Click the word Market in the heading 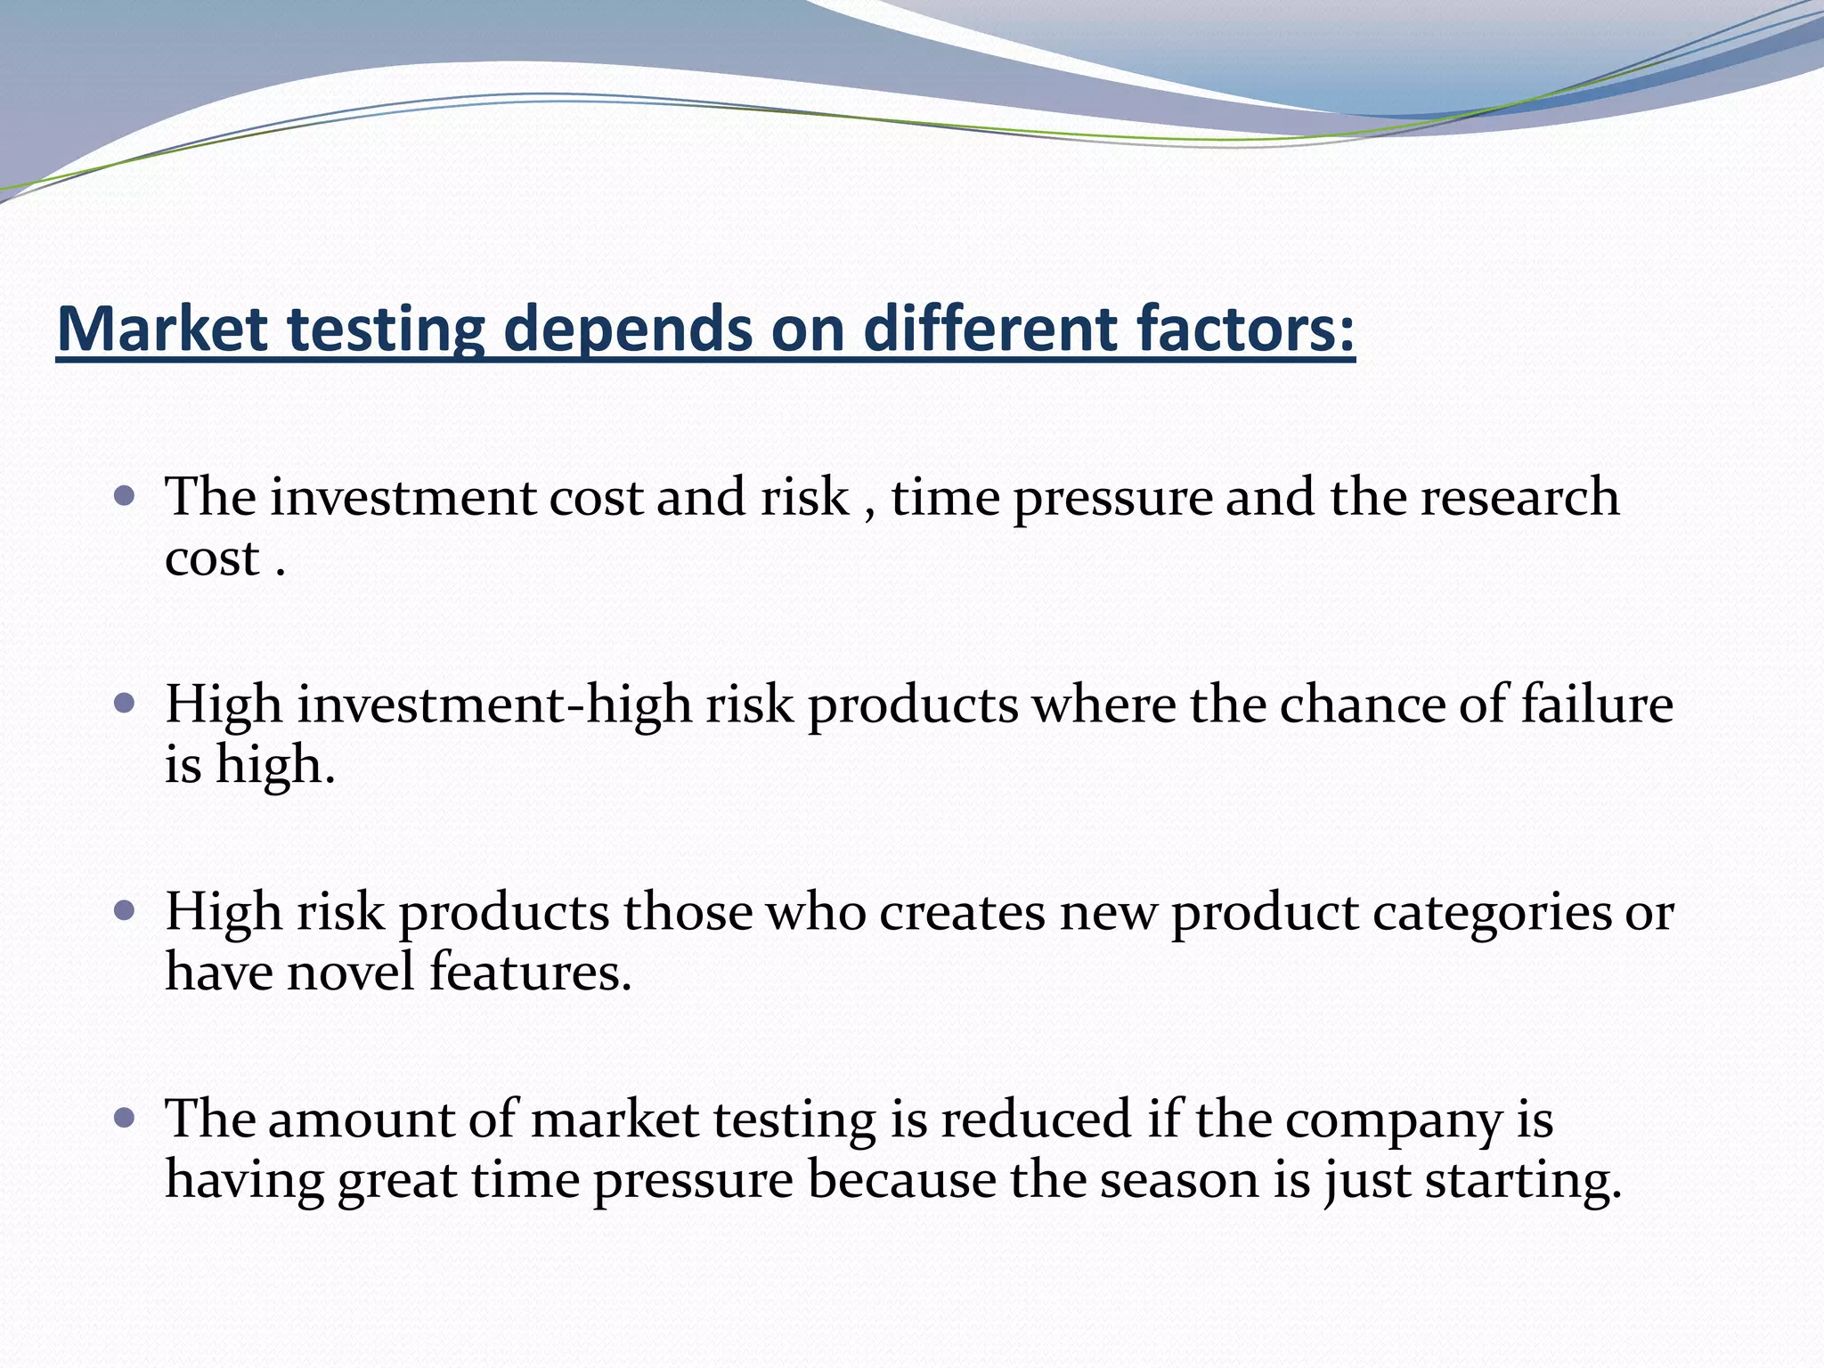(162, 329)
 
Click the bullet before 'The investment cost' (125, 495)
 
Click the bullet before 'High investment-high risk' (125, 704)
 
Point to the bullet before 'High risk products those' (125, 910)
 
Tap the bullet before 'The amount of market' (125, 1118)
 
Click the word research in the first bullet (1519, 497)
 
